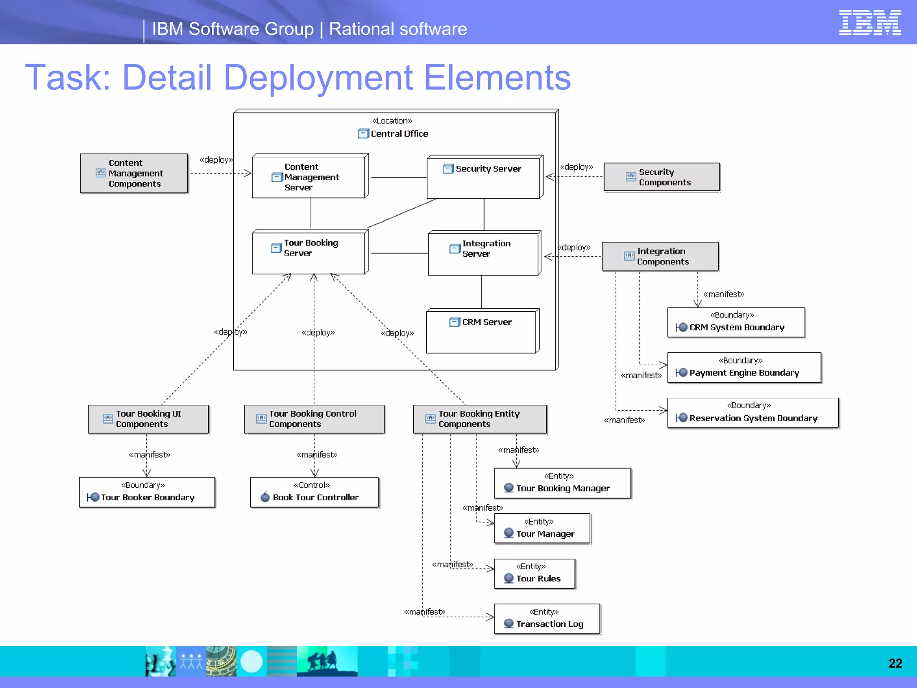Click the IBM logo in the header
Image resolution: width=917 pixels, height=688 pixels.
pyautogui.click(x=870, y=22)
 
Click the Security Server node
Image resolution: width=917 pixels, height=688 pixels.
pyautogui.click(x=484, y=177)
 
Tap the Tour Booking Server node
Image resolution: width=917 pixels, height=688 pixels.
pyautogui.click(x=309, y=252)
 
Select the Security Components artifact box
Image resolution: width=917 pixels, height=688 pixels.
pyautogui.click(x=661, y=177)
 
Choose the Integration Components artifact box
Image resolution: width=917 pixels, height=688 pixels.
pyautogui.click(x=660, y=256)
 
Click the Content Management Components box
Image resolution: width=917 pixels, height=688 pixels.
pyautogui.click(x=134, y=173)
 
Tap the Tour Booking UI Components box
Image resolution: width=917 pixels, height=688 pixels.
pyautogui.click(x=148, y=419)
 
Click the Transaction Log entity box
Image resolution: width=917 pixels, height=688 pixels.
pyautogui.click(x=547, y=619)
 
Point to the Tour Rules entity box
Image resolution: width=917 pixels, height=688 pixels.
pyautogui.click(x=534, y=573)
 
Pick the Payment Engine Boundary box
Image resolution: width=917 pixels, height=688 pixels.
pyautogui.click(x=744, y=368)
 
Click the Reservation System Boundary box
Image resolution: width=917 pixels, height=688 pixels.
pyautogui.click(x=752, y=413)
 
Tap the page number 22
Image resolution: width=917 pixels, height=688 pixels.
pyautogui.click(x=895, y=663)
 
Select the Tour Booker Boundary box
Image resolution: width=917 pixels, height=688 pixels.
pyautogui.click(x=147, y=492)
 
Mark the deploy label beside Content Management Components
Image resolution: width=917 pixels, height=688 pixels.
pyautogui.click(x=216, y=160)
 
